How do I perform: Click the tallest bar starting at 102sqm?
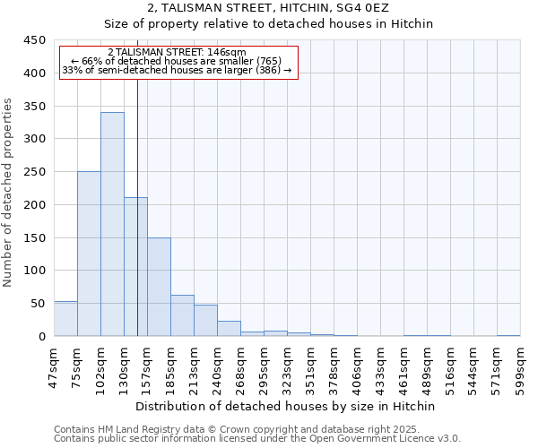(x=112, y=224)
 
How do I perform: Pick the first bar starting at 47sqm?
(x=65, y=319)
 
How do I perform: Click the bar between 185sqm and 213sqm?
(x=182, y=315)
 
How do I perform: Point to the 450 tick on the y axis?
(x=35, y=40)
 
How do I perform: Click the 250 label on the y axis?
(x=35, y=172)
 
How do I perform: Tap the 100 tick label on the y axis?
(x=35, y=271)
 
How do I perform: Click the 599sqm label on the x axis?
(x=520, y=366)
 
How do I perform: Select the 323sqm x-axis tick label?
(x=287, y=366)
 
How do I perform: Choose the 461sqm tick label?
(x=403, y=366)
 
